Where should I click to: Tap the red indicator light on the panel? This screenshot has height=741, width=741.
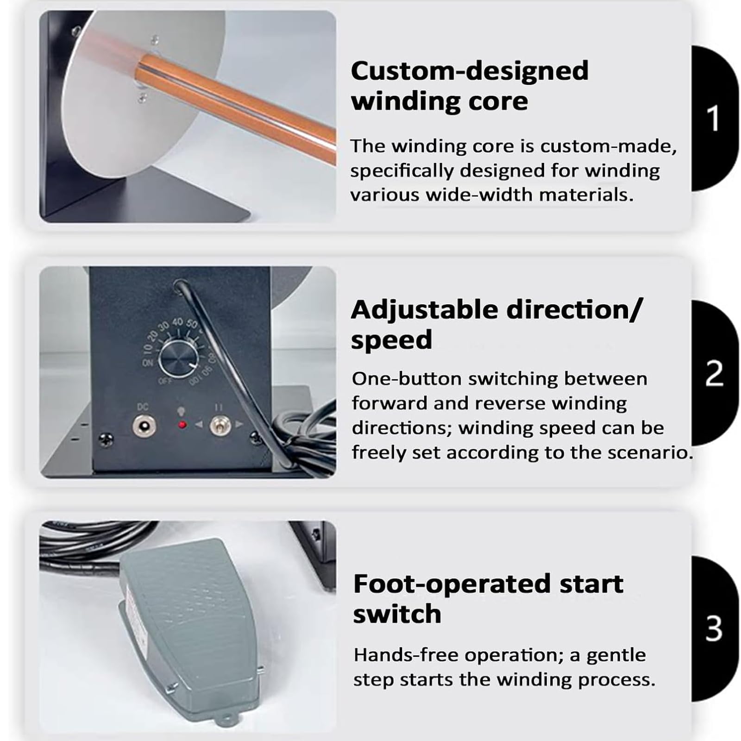(182, 424)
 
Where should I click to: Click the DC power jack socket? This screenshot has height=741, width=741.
(144, 426)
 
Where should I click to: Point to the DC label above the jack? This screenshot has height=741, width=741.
(143, 407)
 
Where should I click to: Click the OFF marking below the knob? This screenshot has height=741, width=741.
(165, 381)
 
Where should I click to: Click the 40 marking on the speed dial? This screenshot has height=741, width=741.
(177, 322)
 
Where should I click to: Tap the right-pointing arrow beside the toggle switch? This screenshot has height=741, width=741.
(239, 424)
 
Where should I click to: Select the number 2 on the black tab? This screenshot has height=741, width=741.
(714, 373)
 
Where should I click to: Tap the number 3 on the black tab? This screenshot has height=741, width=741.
(714, 628)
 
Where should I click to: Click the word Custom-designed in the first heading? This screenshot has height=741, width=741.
(470, 71)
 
